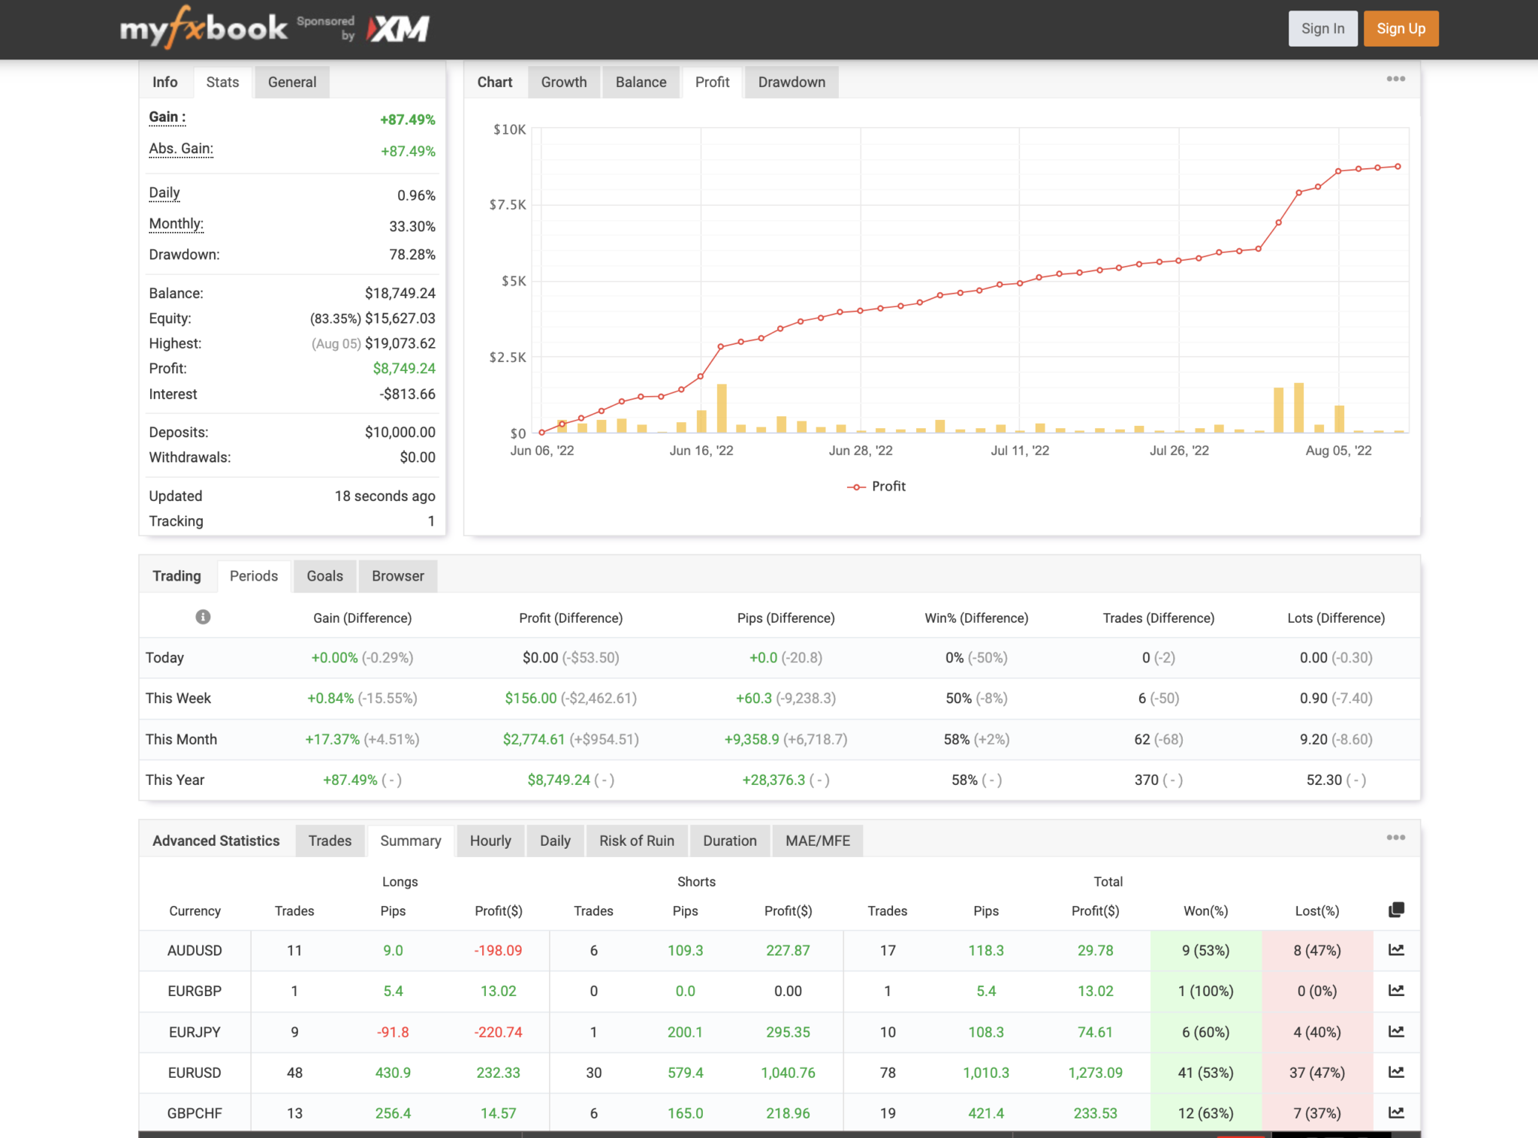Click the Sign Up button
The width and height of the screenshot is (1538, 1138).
(x=1401, y=29)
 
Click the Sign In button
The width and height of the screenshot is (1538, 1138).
(x=1322, y=29)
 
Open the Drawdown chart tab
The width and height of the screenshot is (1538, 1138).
(x=791, y=82)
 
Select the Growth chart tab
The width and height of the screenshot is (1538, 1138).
(x=563, y=82)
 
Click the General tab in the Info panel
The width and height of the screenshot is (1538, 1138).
(x=291, y=82)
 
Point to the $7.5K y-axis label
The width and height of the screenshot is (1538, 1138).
(x=508, y=204)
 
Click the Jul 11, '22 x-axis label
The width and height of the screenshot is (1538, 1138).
(x=1019, y=450)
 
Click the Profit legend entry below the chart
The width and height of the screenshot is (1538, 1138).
(x=888, y=486)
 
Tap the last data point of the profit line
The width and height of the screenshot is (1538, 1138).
(x=1398, y=167)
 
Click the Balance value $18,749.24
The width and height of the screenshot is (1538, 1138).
(x=400, y=293)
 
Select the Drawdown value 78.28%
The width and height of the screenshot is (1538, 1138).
(x=412, y=255)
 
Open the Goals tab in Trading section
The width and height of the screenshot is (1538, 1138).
(x=324, y=575)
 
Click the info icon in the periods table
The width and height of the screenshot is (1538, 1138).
(x=203, y=617)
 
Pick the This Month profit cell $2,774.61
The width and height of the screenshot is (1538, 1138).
(x=533, y=739)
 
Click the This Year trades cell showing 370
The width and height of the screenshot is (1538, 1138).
(x=1146, y=780)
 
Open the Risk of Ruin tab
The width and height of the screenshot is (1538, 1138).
(x=636, y=841)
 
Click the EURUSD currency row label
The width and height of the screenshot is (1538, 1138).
(x=195, y=1073)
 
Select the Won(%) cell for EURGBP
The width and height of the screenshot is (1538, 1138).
(x=1205, y=991)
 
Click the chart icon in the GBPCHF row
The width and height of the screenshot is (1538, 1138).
(x=1396, y=1112)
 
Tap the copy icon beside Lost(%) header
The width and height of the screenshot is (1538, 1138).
(x=1396, y=910)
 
